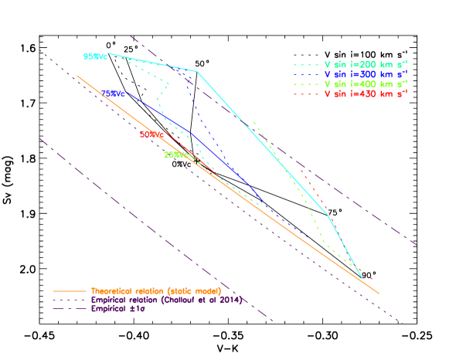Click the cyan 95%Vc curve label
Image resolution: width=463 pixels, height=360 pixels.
[94, 56]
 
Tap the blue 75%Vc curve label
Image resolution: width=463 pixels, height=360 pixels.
[113, 93]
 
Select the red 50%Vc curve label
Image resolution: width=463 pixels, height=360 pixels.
[151, 134]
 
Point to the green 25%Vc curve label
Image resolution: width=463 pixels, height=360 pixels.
[175, 155]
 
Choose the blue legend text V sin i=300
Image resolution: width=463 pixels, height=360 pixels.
[366, 73]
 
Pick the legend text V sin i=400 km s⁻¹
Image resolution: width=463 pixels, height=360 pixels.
[366, 83]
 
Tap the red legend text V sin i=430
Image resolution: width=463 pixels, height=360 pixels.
[366, 93]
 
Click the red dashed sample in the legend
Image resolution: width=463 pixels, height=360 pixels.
[305, 94]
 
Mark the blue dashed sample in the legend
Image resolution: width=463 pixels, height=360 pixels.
[305, 74]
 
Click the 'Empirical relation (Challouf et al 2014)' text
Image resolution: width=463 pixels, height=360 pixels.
[166, 300]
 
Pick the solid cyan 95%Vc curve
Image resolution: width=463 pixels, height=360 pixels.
[263, 139]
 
